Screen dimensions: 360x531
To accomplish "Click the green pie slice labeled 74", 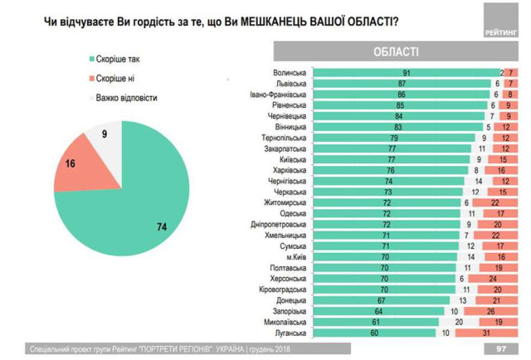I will pyautogui.click(x=133, y=207).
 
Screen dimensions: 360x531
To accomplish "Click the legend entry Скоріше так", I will pyautogui.click(x=125, y=61).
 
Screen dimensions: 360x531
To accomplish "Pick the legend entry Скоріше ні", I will pyautogui.click(x=123, y=79).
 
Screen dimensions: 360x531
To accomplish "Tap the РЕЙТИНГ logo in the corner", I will pyautogui.click(x=498, y=31).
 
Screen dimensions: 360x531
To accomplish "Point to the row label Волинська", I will pyautogui.click(x=290, y=73).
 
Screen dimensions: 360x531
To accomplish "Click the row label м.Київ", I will pyautogui.click(x=295, y=256).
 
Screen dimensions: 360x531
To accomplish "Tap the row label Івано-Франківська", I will pyautogui.click(x=279, y=95).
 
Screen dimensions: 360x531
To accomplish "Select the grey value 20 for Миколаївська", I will pyautogui.click(x=458, y=321).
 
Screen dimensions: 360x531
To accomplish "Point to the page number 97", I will pyautogui.click(x=501, y=348).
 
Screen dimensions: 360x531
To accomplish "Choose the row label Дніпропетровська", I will pyautogui.click(x=279, y=224).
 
